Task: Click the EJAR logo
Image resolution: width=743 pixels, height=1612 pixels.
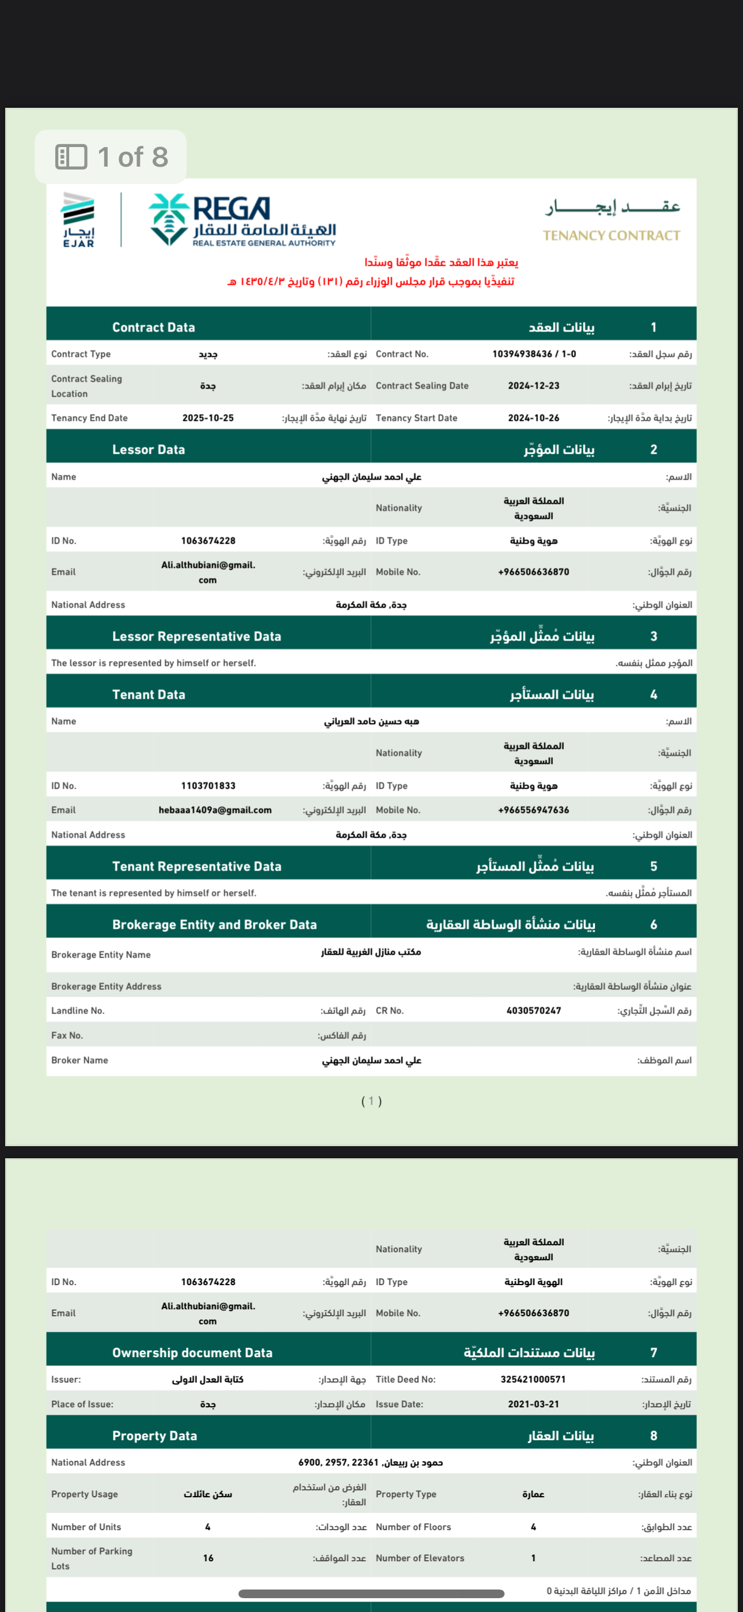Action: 78,220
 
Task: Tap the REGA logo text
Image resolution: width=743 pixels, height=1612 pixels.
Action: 232,209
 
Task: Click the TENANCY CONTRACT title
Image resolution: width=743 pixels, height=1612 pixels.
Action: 611,235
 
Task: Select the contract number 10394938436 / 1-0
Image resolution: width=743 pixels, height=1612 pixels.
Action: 533,354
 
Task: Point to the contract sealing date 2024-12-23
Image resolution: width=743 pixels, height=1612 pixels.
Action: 533,386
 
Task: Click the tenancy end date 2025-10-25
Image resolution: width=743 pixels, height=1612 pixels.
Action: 208,418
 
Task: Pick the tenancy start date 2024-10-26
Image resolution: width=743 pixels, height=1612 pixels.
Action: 533,418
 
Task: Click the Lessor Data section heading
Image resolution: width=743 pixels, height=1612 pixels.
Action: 148,449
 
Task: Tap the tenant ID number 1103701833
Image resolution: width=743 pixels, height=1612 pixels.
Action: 208,786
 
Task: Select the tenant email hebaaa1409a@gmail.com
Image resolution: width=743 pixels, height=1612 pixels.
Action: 214,811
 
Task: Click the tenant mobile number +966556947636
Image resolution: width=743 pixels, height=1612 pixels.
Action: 533,811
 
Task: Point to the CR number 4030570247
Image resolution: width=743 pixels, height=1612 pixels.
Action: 533,1011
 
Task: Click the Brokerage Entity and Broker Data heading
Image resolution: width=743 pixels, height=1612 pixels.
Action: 214,925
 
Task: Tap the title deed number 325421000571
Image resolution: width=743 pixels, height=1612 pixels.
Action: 533,1379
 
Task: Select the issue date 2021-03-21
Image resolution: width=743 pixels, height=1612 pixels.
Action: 533,1404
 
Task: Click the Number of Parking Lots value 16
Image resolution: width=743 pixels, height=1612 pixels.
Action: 208,1558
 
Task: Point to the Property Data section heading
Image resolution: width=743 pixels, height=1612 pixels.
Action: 154,1436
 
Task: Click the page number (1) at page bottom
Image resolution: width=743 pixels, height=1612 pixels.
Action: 371,1101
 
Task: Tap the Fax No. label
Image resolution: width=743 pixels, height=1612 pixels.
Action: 67,1035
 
